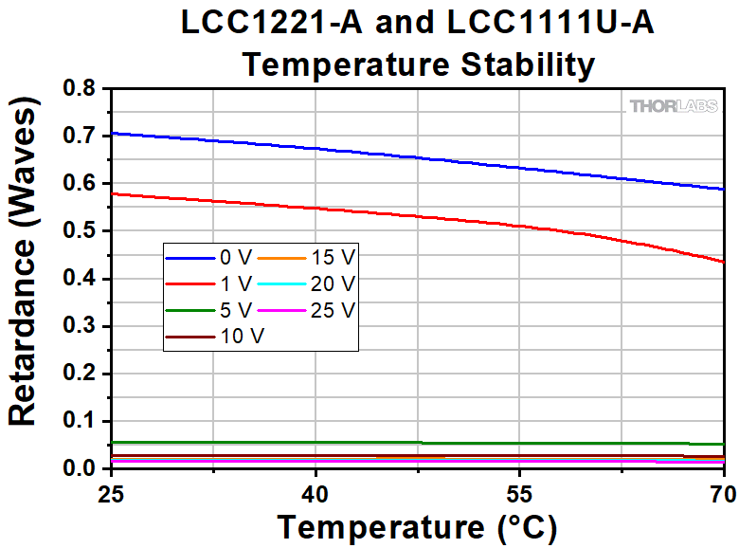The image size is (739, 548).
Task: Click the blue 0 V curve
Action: point(417,157)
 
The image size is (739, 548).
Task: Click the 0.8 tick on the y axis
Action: point(80,89)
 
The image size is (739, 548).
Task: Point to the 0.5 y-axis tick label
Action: point(80,231)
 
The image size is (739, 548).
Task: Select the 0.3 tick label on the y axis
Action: point(80,326)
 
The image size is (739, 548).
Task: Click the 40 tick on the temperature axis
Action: point(315,494)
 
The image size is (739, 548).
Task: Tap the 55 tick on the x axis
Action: point(519,494)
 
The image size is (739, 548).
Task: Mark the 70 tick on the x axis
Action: point(722,494)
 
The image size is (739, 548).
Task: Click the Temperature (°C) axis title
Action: point(417,526)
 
